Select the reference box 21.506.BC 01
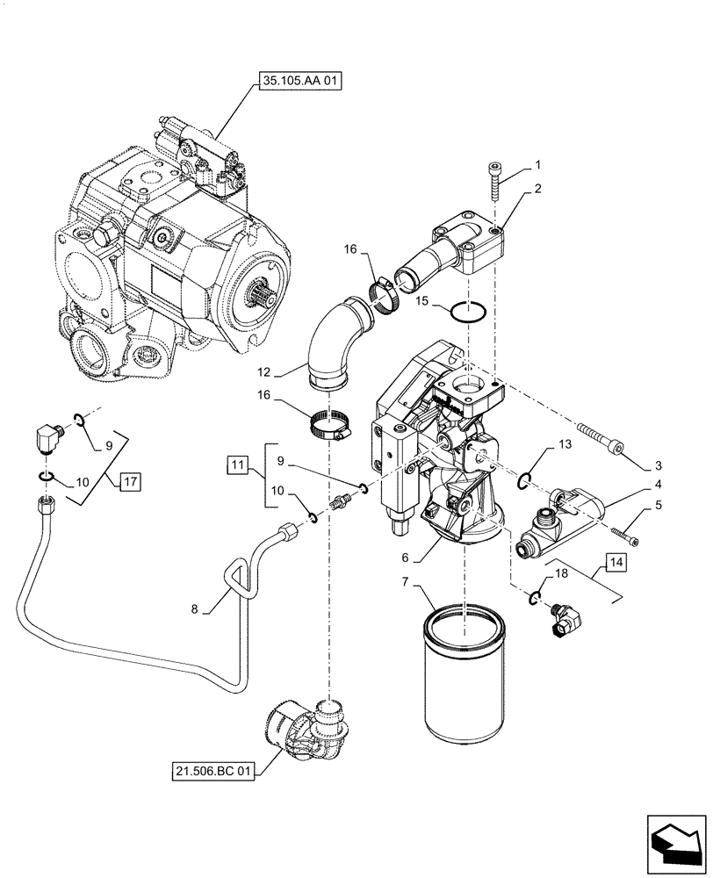213,772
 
